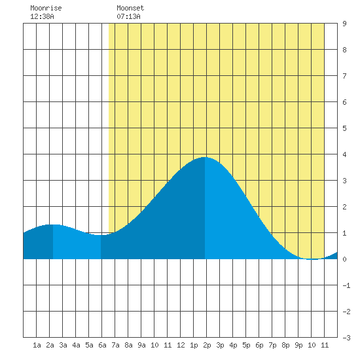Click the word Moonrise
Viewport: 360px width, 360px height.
(46, 8)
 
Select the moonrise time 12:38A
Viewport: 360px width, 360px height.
(42, 16)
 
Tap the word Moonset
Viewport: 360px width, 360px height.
(130, 8)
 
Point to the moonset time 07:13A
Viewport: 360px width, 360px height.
(128, 16)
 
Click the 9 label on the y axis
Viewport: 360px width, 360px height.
(344, 24)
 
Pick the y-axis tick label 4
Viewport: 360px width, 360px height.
(344, 154)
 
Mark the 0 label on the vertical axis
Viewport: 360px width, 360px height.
(344, 259)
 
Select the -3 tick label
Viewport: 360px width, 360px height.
(346, 338)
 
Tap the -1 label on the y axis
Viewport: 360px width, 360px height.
(346, 285)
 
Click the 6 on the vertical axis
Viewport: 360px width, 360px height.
(344, 102)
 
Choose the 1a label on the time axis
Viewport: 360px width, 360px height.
(37, 345)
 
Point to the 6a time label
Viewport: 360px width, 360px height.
(102, 345)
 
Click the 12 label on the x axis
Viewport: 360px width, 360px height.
(181, 345)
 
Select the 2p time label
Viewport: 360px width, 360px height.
(207, 345)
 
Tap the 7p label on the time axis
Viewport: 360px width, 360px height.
(272, 345)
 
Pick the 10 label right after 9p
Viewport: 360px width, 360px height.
(312, 345)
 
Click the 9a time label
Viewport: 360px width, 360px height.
(141, 345)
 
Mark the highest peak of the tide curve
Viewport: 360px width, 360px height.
(205, 157)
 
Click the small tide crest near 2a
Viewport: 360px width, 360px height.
(53, 225)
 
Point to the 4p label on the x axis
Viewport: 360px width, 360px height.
(233, 345)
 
